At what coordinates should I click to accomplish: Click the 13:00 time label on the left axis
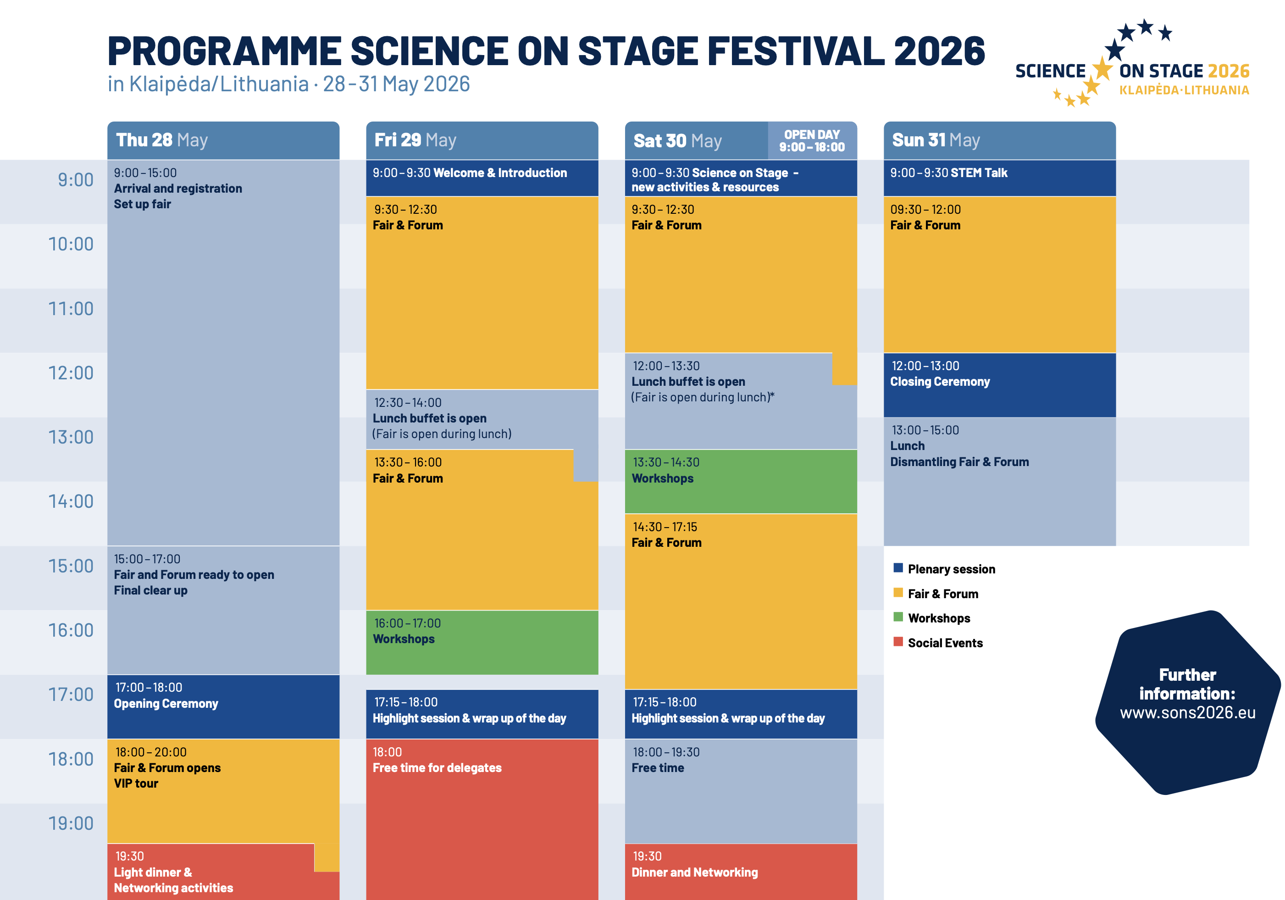click(x=71, y=437)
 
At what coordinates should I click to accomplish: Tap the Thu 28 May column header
click(x=162, y=140)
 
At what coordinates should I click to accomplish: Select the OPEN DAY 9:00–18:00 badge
click(x=812, y=141)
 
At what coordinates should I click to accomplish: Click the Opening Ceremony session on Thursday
click(x=166, y=704)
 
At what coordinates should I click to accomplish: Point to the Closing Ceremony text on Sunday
click(x=940, y=382)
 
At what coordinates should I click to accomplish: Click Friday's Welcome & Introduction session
click(x=500, y=173)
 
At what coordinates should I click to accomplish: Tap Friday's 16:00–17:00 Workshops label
click(x=404, y=639)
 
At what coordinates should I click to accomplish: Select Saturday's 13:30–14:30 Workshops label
click(x=663, y=478)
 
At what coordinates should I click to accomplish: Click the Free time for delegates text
click(x=437, y=768)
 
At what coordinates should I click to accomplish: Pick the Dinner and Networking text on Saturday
click(x=694, y=872)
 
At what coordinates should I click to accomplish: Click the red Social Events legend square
click(x=898, y=642)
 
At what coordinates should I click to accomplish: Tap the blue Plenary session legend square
click(x=898, y=568)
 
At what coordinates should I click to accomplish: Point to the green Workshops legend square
click(x=898, y=617)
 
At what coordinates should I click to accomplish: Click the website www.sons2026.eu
click(x=1188, y=712)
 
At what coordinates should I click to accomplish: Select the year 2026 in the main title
click(x=939, y=51)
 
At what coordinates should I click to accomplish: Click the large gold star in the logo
click(x=1102, y=69)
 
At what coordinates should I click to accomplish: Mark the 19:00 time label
click(x=71, y=823)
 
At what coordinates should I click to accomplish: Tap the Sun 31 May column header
click(x=936, y=140)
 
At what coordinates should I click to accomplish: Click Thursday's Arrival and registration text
click(x=178, y=189)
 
